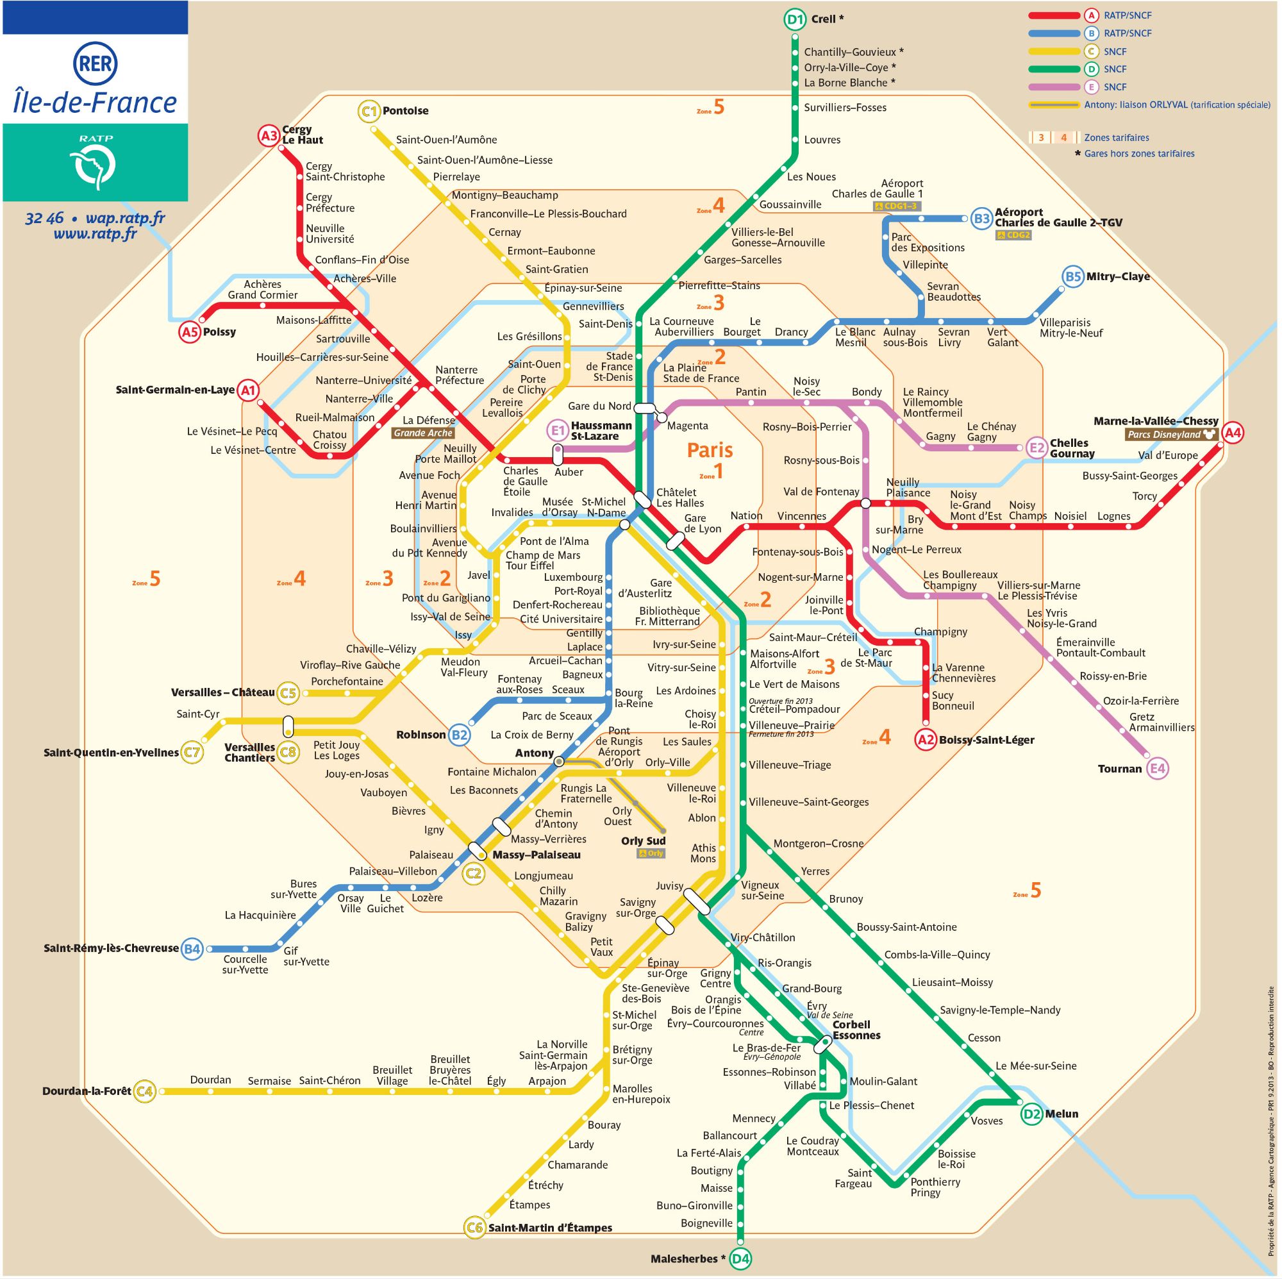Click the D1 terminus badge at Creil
(794, 19)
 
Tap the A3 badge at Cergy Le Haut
(268, 136)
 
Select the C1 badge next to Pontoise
(369, 111)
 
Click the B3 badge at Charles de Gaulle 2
(981, 219)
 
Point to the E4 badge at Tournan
(1157, 769)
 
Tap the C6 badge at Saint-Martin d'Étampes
(474, 1227)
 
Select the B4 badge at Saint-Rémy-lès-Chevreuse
(192, 949)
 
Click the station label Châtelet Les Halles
(679, 497)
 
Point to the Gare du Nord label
(599, 406)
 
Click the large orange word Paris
(710, 450)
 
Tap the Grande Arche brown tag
(422, 433)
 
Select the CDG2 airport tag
(1013, 235)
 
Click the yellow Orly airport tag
(651, 853)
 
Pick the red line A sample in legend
(1053, 15)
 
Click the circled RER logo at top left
(95, 63)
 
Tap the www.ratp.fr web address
(95, 233)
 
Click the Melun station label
(1061, 1114)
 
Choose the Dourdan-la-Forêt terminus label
(87, 1091)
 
